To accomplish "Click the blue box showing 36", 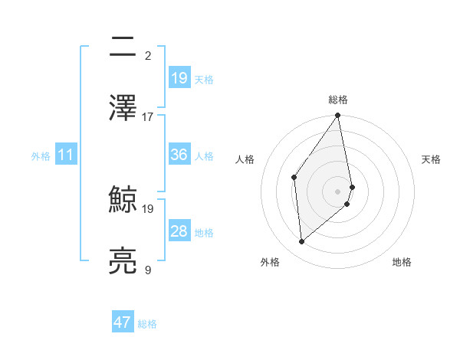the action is click(x=179, y=155).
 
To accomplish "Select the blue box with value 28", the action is click(x=179, y=231).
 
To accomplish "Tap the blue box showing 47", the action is click(x=123, y=322).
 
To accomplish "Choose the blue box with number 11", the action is click(x=66, y=155).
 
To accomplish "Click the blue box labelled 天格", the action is click(x=179, y=78).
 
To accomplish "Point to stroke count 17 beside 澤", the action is click(x=148, y=117).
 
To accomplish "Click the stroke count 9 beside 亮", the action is click(x=147, y=270).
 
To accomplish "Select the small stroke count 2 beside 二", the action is click(x=147, y=55).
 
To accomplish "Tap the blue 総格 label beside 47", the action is click(x=147, y=324).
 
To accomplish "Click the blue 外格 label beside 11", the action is click(x=41, y=155).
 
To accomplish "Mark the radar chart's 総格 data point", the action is click(x=337, y=116).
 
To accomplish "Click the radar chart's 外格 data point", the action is click(x=302, y=241).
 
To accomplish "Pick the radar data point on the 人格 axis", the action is click(x=294, y=177).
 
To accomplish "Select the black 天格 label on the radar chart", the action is click(x=431, y=159).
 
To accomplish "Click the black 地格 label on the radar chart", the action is click(x=402, y=262).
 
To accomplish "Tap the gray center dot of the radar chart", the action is click(x=337, y=191).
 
